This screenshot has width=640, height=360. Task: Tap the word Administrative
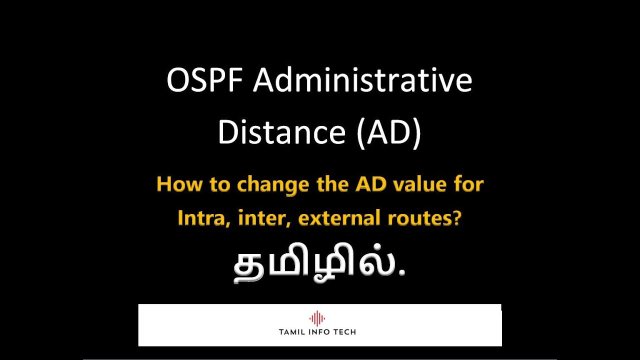coord(362,81)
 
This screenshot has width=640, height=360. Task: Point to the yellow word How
coord(176,185)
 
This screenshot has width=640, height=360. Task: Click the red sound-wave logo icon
coord(317,318)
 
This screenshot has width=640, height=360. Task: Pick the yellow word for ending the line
coord(468,185)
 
